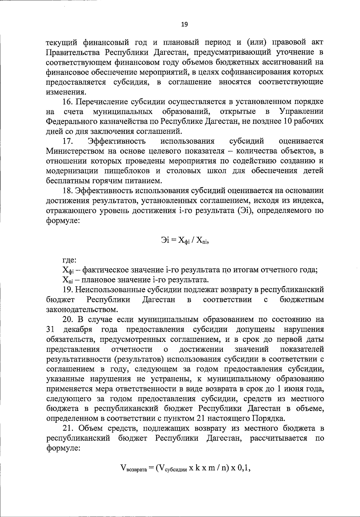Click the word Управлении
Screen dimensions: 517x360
(x=301, y=112)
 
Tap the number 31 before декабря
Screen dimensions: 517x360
(x=50, y=330)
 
